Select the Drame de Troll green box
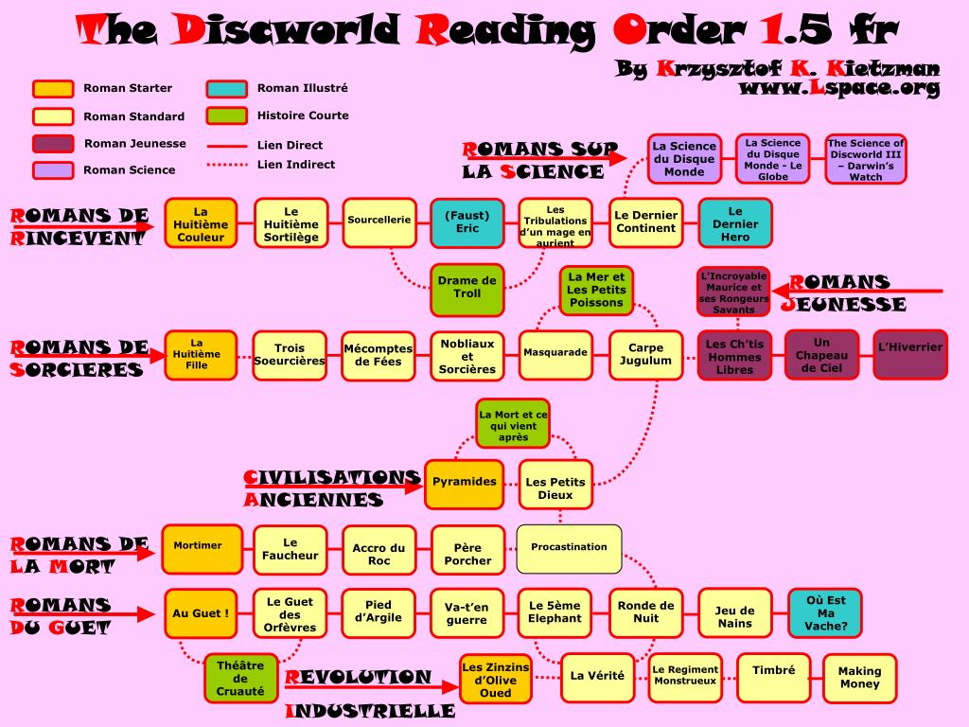pos(467,288)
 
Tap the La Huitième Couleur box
pos(201,223)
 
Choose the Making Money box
pos(859,678)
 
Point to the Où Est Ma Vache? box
pos(826,613)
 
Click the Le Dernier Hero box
pos(735,223)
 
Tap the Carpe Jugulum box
pos(645,355)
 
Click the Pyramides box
pos(464,483)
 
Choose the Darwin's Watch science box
pos(866,158)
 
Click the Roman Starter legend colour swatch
pos(53,89)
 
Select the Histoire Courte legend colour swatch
pos(227,115)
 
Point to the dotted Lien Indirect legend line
pos(226,165)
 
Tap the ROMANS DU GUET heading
pos(61,615)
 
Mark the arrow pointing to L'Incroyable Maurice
pos(856,291)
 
